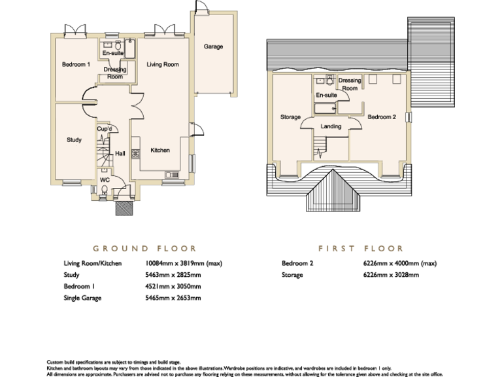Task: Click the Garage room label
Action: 213,46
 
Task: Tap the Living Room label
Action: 163,65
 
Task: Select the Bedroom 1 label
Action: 76,65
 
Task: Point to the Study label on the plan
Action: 74,139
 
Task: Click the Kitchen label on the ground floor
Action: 160,151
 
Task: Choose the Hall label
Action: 120,154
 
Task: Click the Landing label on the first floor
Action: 331,126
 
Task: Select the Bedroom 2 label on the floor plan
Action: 381,117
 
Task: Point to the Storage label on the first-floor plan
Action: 290,117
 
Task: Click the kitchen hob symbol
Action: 136,154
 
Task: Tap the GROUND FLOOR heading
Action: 144,249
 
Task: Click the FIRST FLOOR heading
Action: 361,249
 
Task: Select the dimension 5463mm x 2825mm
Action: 173,275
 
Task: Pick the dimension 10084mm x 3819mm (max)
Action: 184,263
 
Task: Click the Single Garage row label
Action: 85,298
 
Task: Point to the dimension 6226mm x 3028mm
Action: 392,275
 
